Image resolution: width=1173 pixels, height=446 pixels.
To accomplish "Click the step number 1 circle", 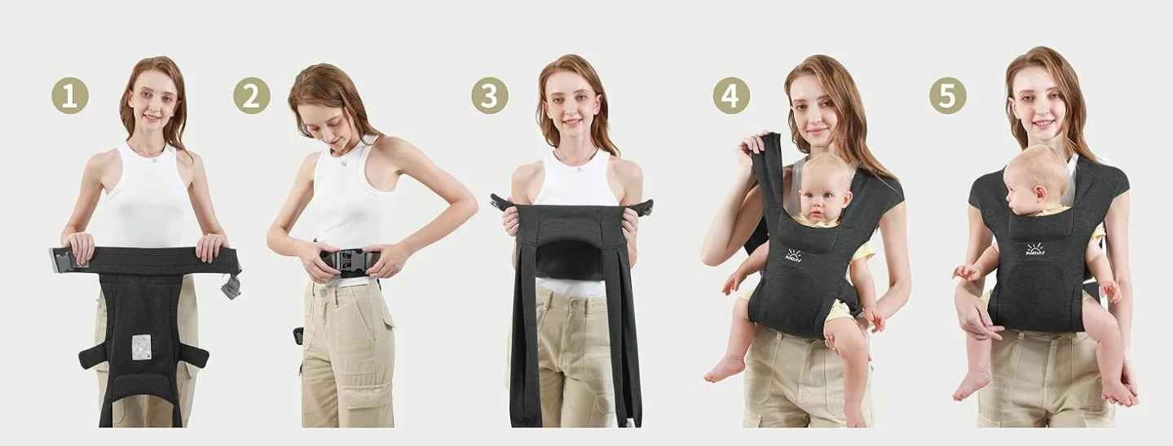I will tap(70, 95).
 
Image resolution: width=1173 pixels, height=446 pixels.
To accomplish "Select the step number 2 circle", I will tap(251, 95).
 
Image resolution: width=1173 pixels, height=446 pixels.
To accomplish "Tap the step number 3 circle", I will tap(490, 95).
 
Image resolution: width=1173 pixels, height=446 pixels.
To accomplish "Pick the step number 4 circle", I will tap(731, 95).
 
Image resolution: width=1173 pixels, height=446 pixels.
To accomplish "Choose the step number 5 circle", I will tap(948, 95).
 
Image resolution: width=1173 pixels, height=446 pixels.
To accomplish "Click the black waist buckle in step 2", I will tap(349, 261).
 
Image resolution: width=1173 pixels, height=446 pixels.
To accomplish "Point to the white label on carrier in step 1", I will tap(141, 346).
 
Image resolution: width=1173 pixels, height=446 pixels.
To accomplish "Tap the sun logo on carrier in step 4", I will tap(793, 255).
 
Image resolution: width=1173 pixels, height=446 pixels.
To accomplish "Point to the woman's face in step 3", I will tap(573, 106).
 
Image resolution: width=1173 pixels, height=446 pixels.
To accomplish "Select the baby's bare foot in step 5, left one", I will tap(972, 383).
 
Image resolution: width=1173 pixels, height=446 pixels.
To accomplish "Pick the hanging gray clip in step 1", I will tap(232, 285).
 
